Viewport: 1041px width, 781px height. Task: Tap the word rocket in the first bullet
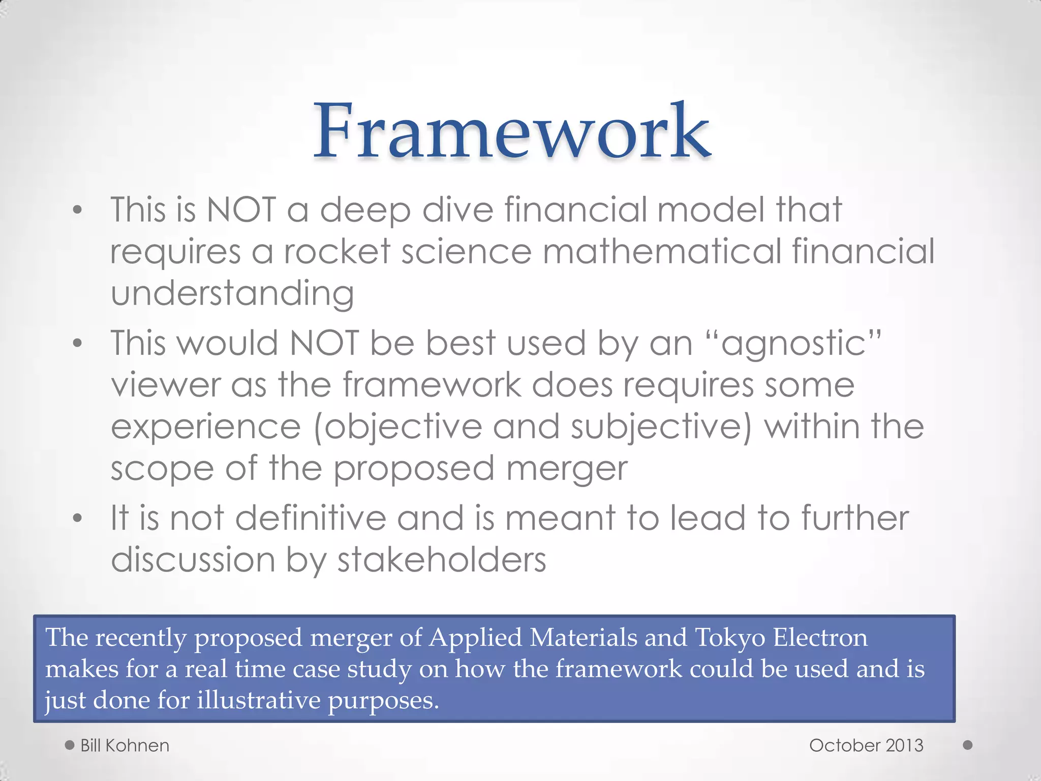click(337, 251)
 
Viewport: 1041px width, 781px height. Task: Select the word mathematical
click(662, 251)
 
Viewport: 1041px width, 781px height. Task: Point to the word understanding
click(232, 293)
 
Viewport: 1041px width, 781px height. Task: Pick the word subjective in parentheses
click(656, 427)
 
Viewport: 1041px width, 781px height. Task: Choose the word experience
click(206, 427)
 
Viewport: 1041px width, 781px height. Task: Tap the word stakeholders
click(442, 560)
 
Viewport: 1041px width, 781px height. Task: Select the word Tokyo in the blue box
click(729, 638)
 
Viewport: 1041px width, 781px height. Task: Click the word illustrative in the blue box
click(258, 700)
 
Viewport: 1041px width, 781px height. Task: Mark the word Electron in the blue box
click(820, 638)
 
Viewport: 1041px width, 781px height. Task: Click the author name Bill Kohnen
click(125, 745)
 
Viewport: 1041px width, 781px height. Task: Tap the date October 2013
click(866, 745)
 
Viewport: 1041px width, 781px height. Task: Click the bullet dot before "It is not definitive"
click(77, 519)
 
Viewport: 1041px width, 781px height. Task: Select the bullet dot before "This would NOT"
click(77, 344)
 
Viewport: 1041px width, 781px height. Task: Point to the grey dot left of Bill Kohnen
click(70, 745)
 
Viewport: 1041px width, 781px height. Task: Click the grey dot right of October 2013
click(968, 745)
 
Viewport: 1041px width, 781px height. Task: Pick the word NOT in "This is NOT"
click(241, 209)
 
